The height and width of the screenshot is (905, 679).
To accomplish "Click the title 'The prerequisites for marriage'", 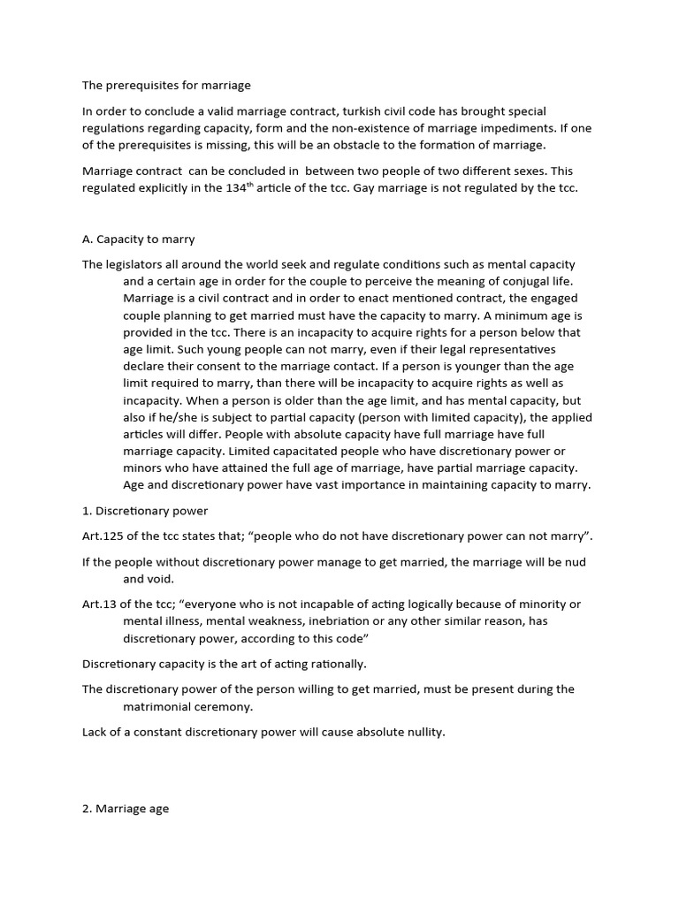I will (x=166, y=86).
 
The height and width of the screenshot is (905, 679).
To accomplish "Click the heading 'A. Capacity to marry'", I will (x=139, y=239).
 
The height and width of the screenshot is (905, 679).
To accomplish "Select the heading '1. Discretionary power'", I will (x=145, y=511).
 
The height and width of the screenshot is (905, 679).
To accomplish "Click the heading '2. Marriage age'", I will (x=126, y=808).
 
